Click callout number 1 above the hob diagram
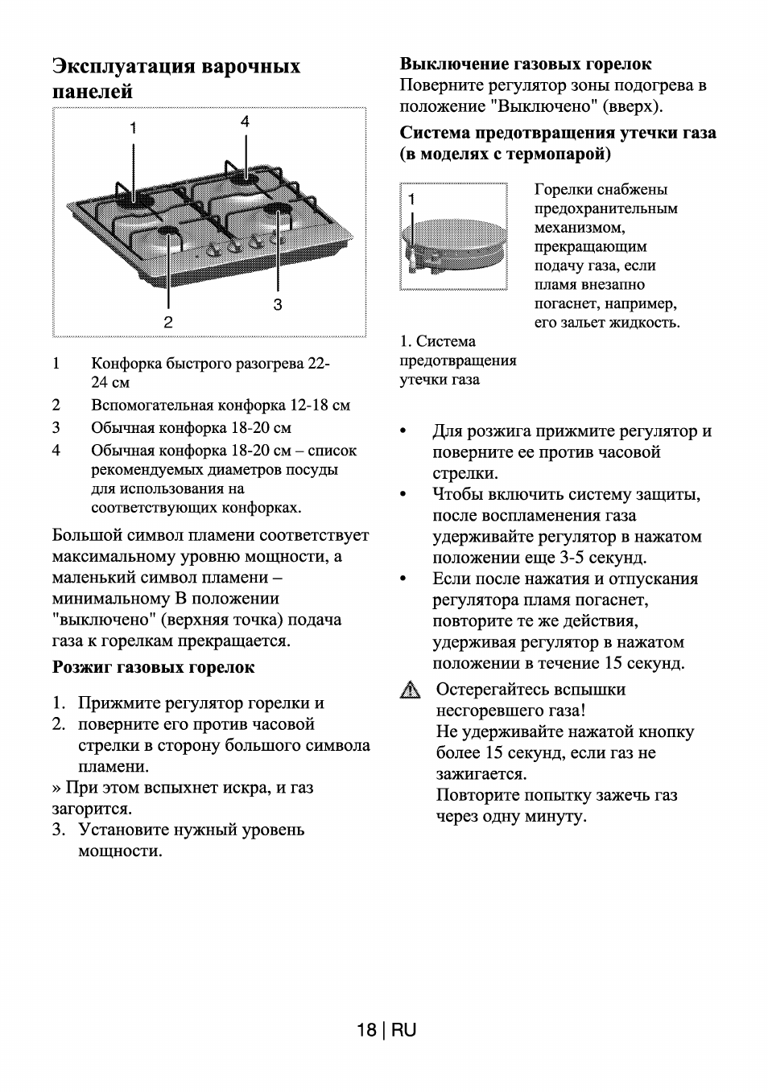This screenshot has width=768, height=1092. (x=134, y=127)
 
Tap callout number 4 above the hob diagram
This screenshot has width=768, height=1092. (x=245, y=121)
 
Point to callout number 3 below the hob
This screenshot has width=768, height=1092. (x=278, y=304)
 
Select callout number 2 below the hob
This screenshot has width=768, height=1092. (x=168, y=322)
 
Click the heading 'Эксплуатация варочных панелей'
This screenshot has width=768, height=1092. (x=175, y=78)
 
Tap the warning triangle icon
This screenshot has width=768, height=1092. (x=411, y=690)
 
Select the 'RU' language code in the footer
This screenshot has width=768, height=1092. (x=404, y=1030)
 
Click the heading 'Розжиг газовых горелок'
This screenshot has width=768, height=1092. (x=153, y=666)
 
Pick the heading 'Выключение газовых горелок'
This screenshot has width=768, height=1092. (x=526, y=64)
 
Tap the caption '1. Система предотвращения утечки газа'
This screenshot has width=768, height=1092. (x=457, y=361)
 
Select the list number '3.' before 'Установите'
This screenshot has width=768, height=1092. (x=59, y=830)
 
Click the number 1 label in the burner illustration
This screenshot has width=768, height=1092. (x=412, y=198)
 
